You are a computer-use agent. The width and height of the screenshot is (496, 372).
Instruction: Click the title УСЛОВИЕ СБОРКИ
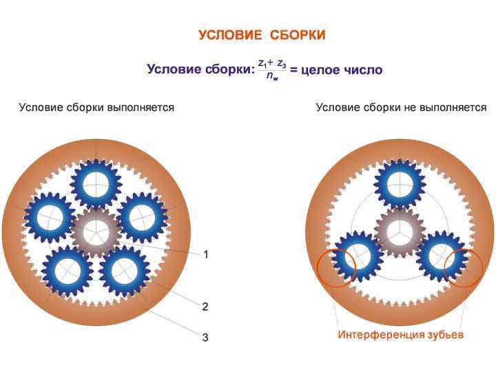[x=262, y=35]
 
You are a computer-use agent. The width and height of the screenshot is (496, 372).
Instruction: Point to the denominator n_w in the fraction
[x=272, y=77]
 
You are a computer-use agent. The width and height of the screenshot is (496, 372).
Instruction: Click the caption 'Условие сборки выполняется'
[x=96, y=107]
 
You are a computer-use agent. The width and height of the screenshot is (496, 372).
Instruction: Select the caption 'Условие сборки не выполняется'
[x=401, y=107]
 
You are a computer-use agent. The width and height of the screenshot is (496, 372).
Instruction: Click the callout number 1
[x=205, y=254]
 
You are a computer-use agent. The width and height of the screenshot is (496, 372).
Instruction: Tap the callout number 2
[x=205, y=305]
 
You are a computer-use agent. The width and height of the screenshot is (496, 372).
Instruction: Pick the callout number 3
[x=205, y=337]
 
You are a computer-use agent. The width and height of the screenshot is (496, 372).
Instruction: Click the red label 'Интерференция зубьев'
[x=400, y=335]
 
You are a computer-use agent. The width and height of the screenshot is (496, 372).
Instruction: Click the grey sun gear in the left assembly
[x=96, y=232]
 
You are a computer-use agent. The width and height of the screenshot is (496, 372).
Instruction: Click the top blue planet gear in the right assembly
[x=400, y=183]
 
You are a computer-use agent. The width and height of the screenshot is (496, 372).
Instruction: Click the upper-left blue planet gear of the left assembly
[x=49, y=216]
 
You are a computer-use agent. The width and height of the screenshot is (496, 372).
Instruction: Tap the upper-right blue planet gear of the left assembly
[x=143, y=216]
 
